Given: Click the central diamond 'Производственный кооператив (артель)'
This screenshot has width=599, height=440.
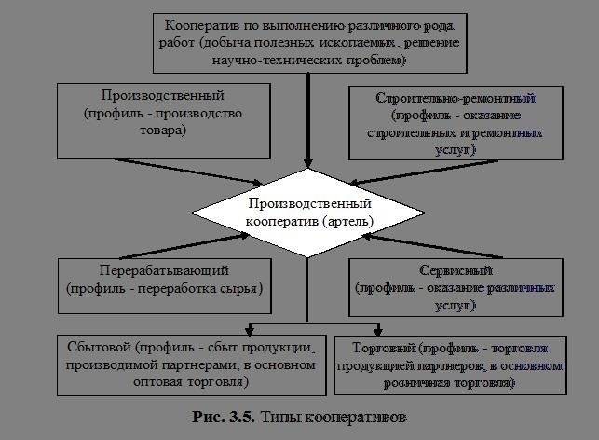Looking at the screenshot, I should [x=308, y=212].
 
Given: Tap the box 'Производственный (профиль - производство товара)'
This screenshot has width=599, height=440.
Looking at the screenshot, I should [x=170, y=119].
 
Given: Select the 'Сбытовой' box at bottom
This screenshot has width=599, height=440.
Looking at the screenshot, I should [x=191, y=362].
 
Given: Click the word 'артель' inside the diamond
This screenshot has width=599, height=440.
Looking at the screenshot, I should [x=349, y=222].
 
